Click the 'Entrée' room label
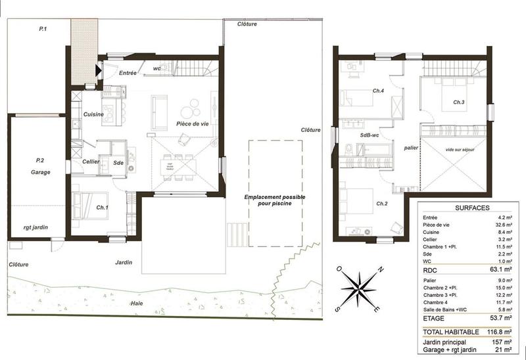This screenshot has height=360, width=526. pos(128,73)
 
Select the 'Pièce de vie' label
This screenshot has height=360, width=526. pos(192,124)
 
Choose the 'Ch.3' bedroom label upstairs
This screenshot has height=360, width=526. pos(459,102)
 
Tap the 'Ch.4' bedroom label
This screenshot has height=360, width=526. pos(377,91)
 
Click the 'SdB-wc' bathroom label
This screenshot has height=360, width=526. pos(370,135)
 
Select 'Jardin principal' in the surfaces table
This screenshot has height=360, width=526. pos(446,343)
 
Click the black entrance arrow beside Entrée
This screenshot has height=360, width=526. pos(98,69)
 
